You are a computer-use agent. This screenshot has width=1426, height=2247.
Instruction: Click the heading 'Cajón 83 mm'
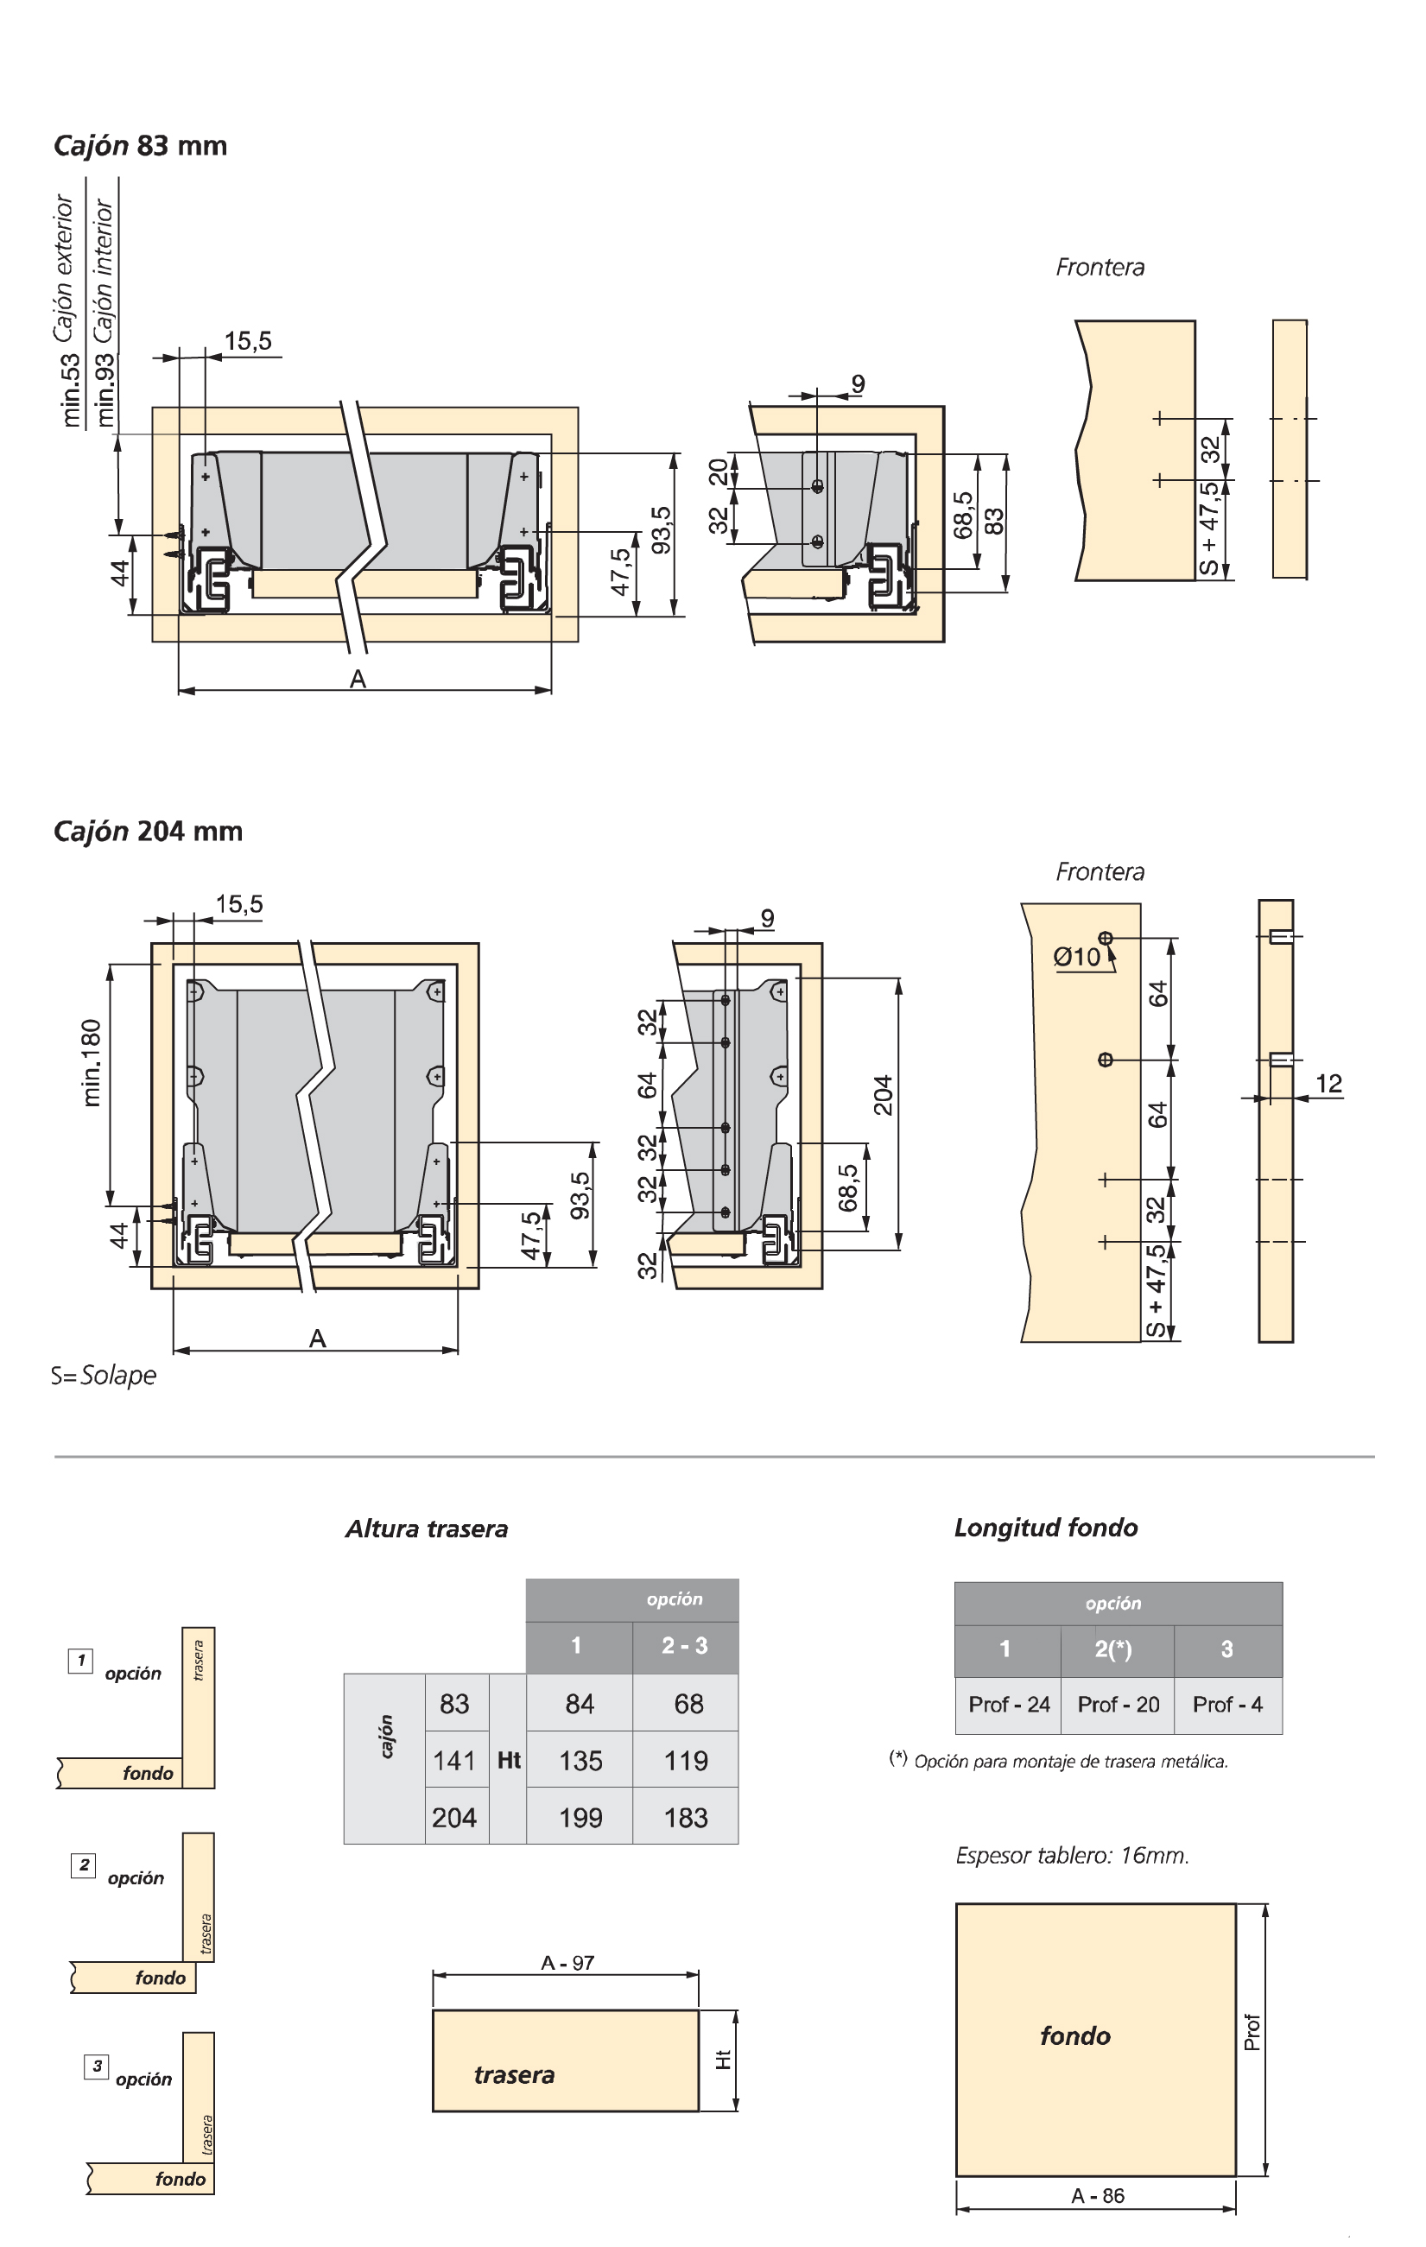click(140, 146)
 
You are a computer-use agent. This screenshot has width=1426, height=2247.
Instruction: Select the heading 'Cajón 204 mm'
click(148, 831)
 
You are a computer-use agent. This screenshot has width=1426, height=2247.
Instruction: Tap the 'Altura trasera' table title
click(427, 1529)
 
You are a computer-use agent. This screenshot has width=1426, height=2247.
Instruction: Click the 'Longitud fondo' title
click(1045, 1528)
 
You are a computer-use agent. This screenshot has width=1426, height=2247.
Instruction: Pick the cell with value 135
click(580, 1761)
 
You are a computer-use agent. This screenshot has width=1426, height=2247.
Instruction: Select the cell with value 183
click(685, 1818)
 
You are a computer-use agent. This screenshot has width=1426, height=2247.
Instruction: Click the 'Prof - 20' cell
click(1117, 1705)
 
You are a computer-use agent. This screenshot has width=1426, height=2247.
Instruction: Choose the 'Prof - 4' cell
click(1227, 1705)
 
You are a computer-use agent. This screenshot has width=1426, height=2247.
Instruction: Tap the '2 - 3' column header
click(684, 1646)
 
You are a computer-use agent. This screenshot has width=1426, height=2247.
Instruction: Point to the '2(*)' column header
click(1112, 1649)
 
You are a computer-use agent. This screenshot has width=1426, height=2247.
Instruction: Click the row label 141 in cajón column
click(454, 1761)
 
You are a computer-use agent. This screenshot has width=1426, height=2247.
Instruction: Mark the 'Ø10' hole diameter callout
click(1077, 957)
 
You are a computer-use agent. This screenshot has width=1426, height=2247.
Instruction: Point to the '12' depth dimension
click(1328, 1084)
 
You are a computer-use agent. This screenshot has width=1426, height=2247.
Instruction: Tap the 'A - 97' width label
click(567, 1962)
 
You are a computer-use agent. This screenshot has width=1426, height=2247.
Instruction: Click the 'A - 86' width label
click(1098, 2196)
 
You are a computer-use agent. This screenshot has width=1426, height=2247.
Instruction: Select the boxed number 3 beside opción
click(96, 2066)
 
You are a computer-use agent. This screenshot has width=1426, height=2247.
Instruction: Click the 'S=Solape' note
click(104, 1376)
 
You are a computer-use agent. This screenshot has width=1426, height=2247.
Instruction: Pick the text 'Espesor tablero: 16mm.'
click(1071, 1855)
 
